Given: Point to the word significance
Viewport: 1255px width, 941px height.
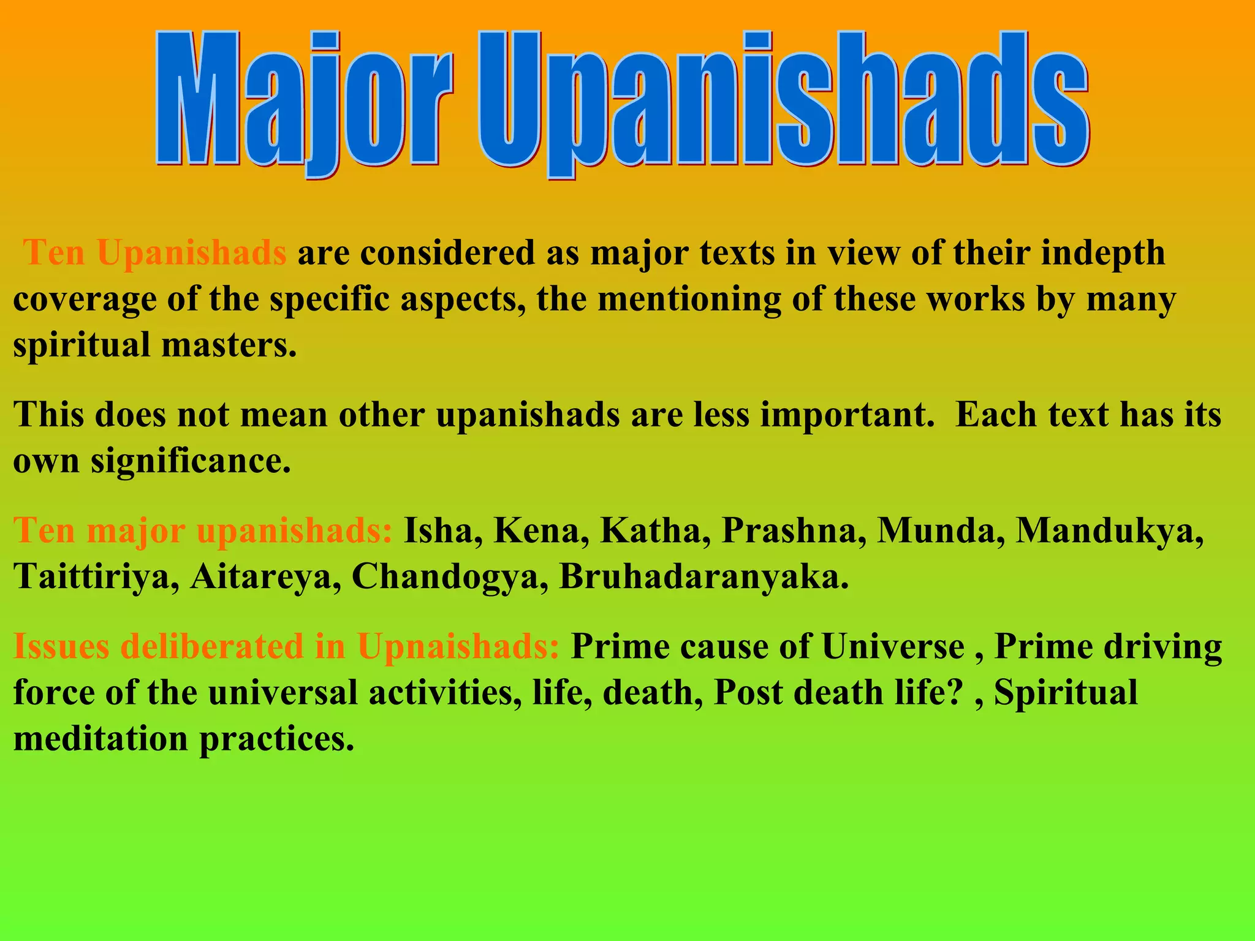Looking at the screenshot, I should tap(191, 461).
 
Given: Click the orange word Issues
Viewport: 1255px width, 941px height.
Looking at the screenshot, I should tap(61, 646).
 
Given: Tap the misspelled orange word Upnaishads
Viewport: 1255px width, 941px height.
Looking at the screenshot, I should tap(457, 646).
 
